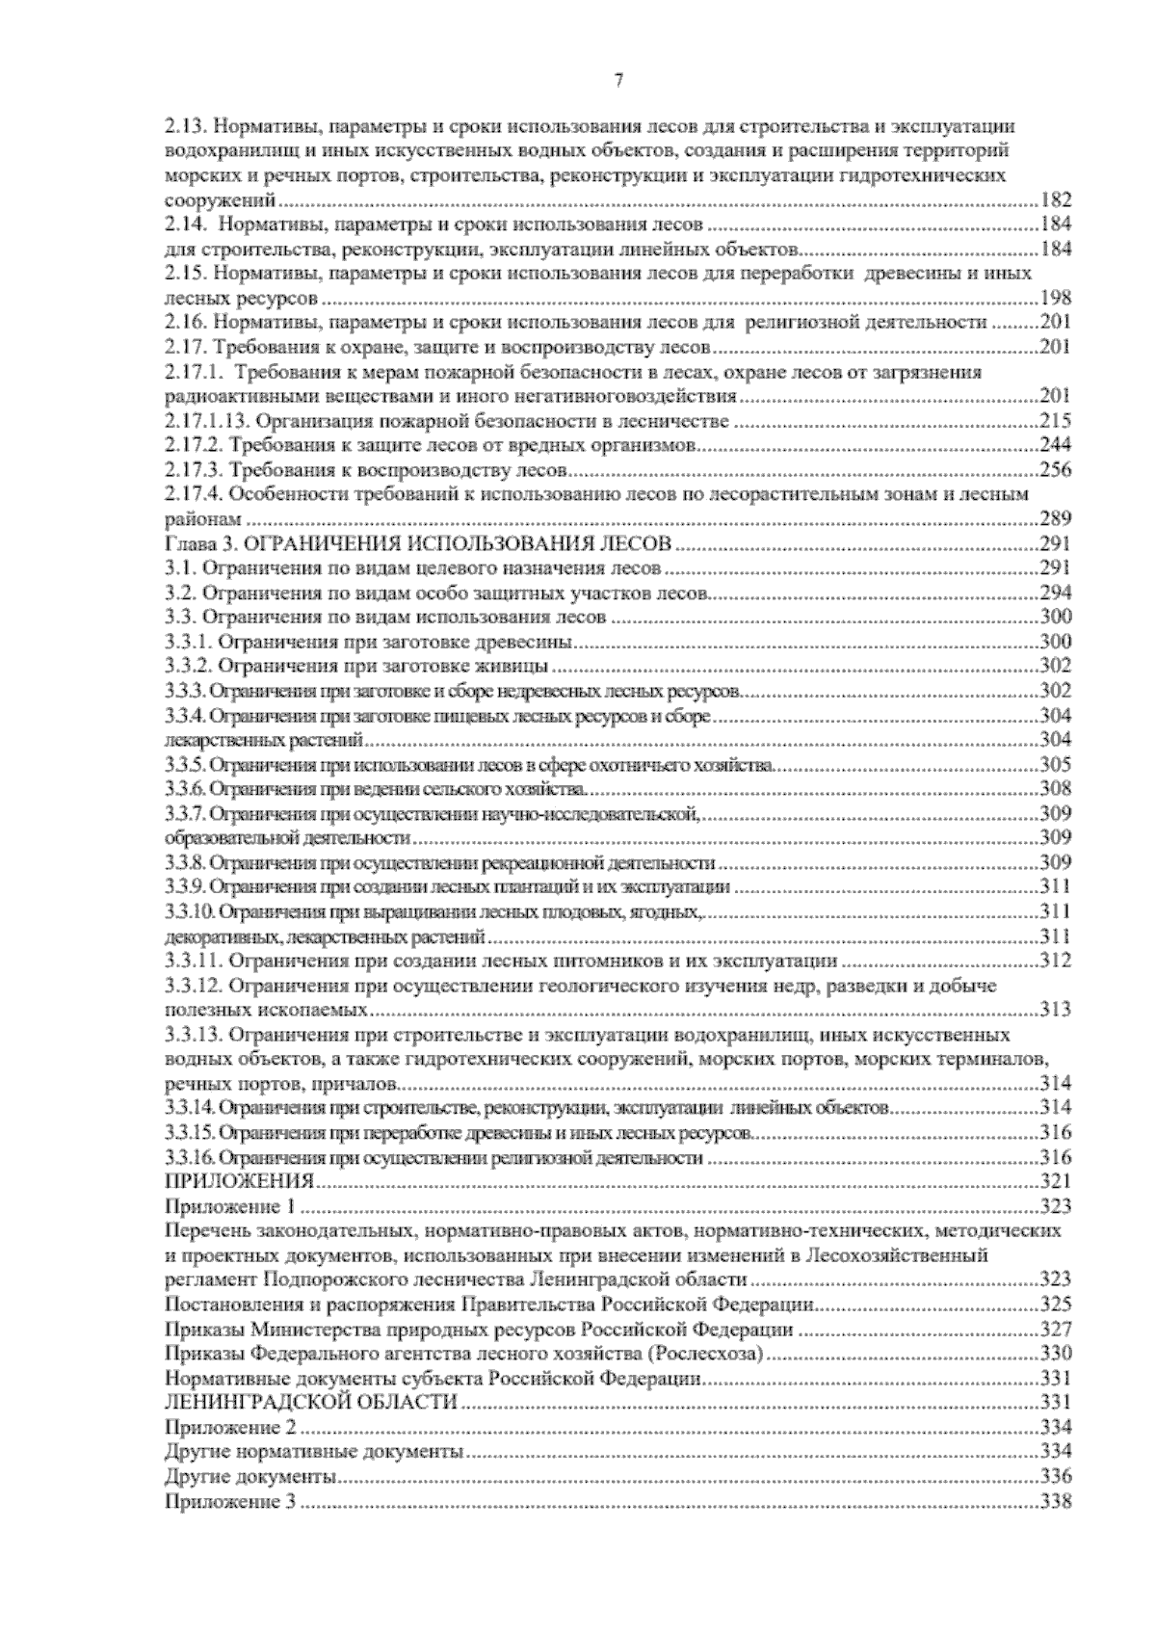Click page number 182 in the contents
pyautogui.click(x=1056, y=201)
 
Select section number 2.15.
pyautogui.click(x=182, y=274)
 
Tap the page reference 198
pyautogui.click(x=1056, y=299)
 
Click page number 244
pyautogui.click(x=1056, y=445)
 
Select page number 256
pyautogui.click(x=1056, y=470)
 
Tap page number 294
pyautogui.click(x=1056, y=593)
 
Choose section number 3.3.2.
pyautogui.click(x=186, y=666)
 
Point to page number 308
pyautogui.click(x=1056, y=789)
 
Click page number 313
pyautogui.click(x=1056, y=1010)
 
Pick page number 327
pyautogui.click(x=1056, y=1330)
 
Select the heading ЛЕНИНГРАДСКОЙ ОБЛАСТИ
pyautogui.click(x=310, y=1403)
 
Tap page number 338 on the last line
pyautogui.click(x=1056, y=1501)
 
